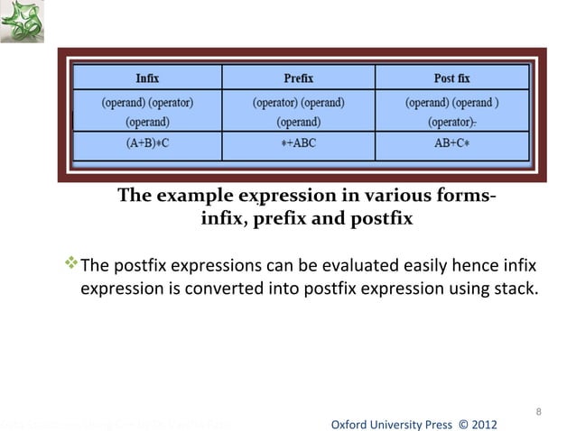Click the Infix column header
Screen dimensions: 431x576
(x=149, y=78)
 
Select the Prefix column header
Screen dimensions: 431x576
(x=299, y=78)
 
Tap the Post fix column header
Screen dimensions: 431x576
(x=449, y=78)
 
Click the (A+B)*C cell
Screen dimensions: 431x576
(x=149, y=142)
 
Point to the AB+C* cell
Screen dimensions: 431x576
(x=449, y=142)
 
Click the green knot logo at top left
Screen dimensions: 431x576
(x=21, y=22)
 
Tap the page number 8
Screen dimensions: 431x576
(x=538, y=413)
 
